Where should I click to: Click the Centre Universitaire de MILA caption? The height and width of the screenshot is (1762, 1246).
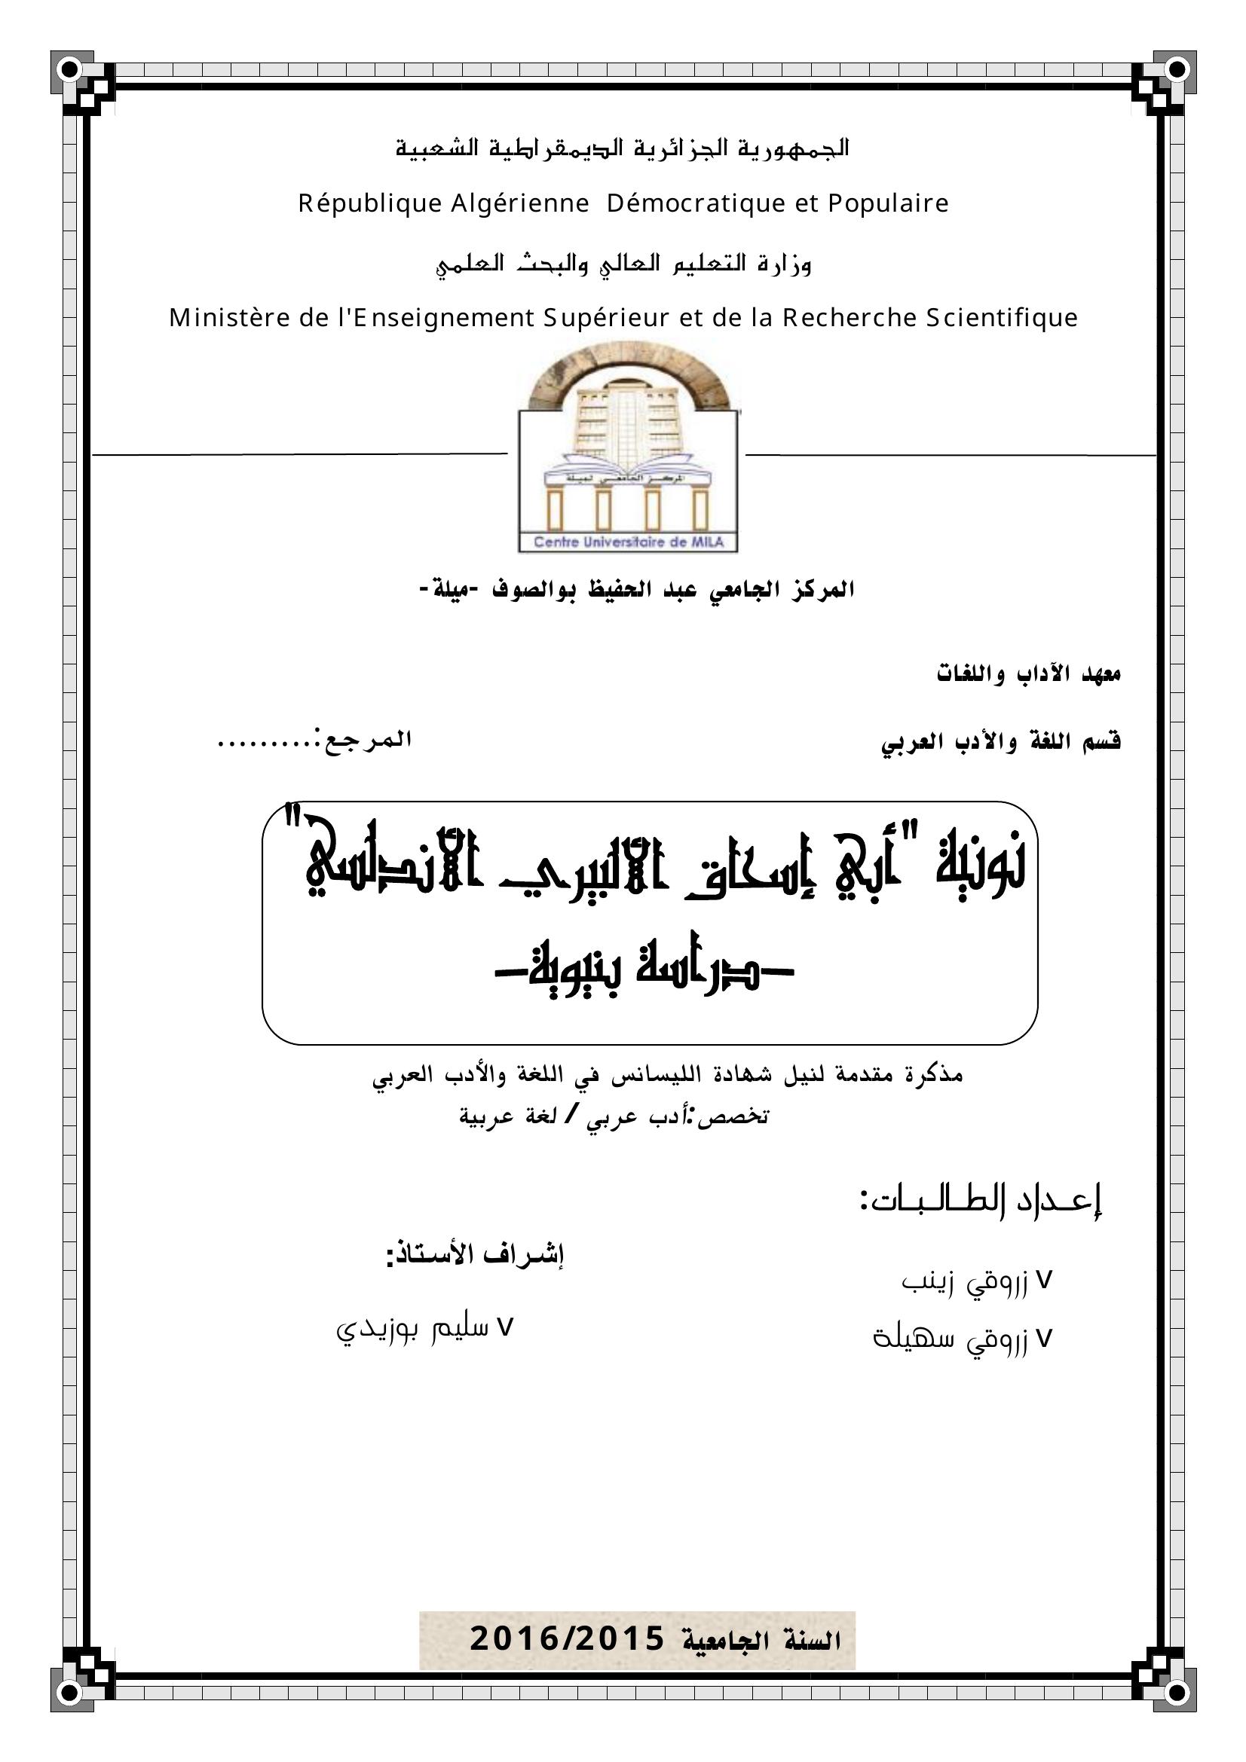[628, 542]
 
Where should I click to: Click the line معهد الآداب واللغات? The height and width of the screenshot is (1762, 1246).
[1028, 674]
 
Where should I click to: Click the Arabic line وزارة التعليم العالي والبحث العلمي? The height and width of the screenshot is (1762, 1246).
[623, 264]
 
